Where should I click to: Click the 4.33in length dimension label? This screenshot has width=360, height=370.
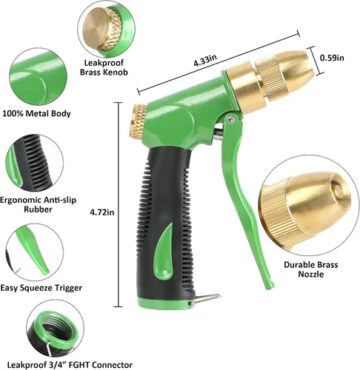pyautogui.click(x=205, y=60)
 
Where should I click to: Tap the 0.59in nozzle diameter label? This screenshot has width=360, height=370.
pyautogui.click(x=332, y=58)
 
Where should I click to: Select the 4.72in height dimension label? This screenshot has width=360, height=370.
pyautogui.click(x=102, y=212)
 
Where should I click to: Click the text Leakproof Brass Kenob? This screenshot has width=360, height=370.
pyautogui.click(x=104, y=67)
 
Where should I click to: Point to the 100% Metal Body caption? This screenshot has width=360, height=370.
pyautogui.click(x=36, y=113)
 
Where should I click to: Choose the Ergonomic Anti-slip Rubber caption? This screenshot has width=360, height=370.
pyautogui.click(x=38, y=204)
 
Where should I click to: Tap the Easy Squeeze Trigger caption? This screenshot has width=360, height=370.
pyautogui.click(x=41, y=288)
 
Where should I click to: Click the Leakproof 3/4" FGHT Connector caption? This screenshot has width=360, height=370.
pyautogui.click(x=70, y=365)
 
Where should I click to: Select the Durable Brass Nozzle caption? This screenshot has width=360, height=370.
pyautogui.click(x=310, y=269)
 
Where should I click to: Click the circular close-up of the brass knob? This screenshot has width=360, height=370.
pyautogui.click(x=107, y=29)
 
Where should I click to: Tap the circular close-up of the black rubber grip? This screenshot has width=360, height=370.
pyautogui.click(x=34, y=163)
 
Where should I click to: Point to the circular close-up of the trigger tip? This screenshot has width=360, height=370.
pyautogui.click(x=34, y=252)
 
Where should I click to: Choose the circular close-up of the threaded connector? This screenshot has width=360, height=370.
pyautogui.click(x=55, y=330)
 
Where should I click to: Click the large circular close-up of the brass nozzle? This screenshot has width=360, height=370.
pyautogui.click(x=310, y=208)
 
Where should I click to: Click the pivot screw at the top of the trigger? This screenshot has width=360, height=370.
pyautogui.click(x=231, y=119)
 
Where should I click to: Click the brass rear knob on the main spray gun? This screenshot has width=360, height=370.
pyautogui.click(x=139, y=120)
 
